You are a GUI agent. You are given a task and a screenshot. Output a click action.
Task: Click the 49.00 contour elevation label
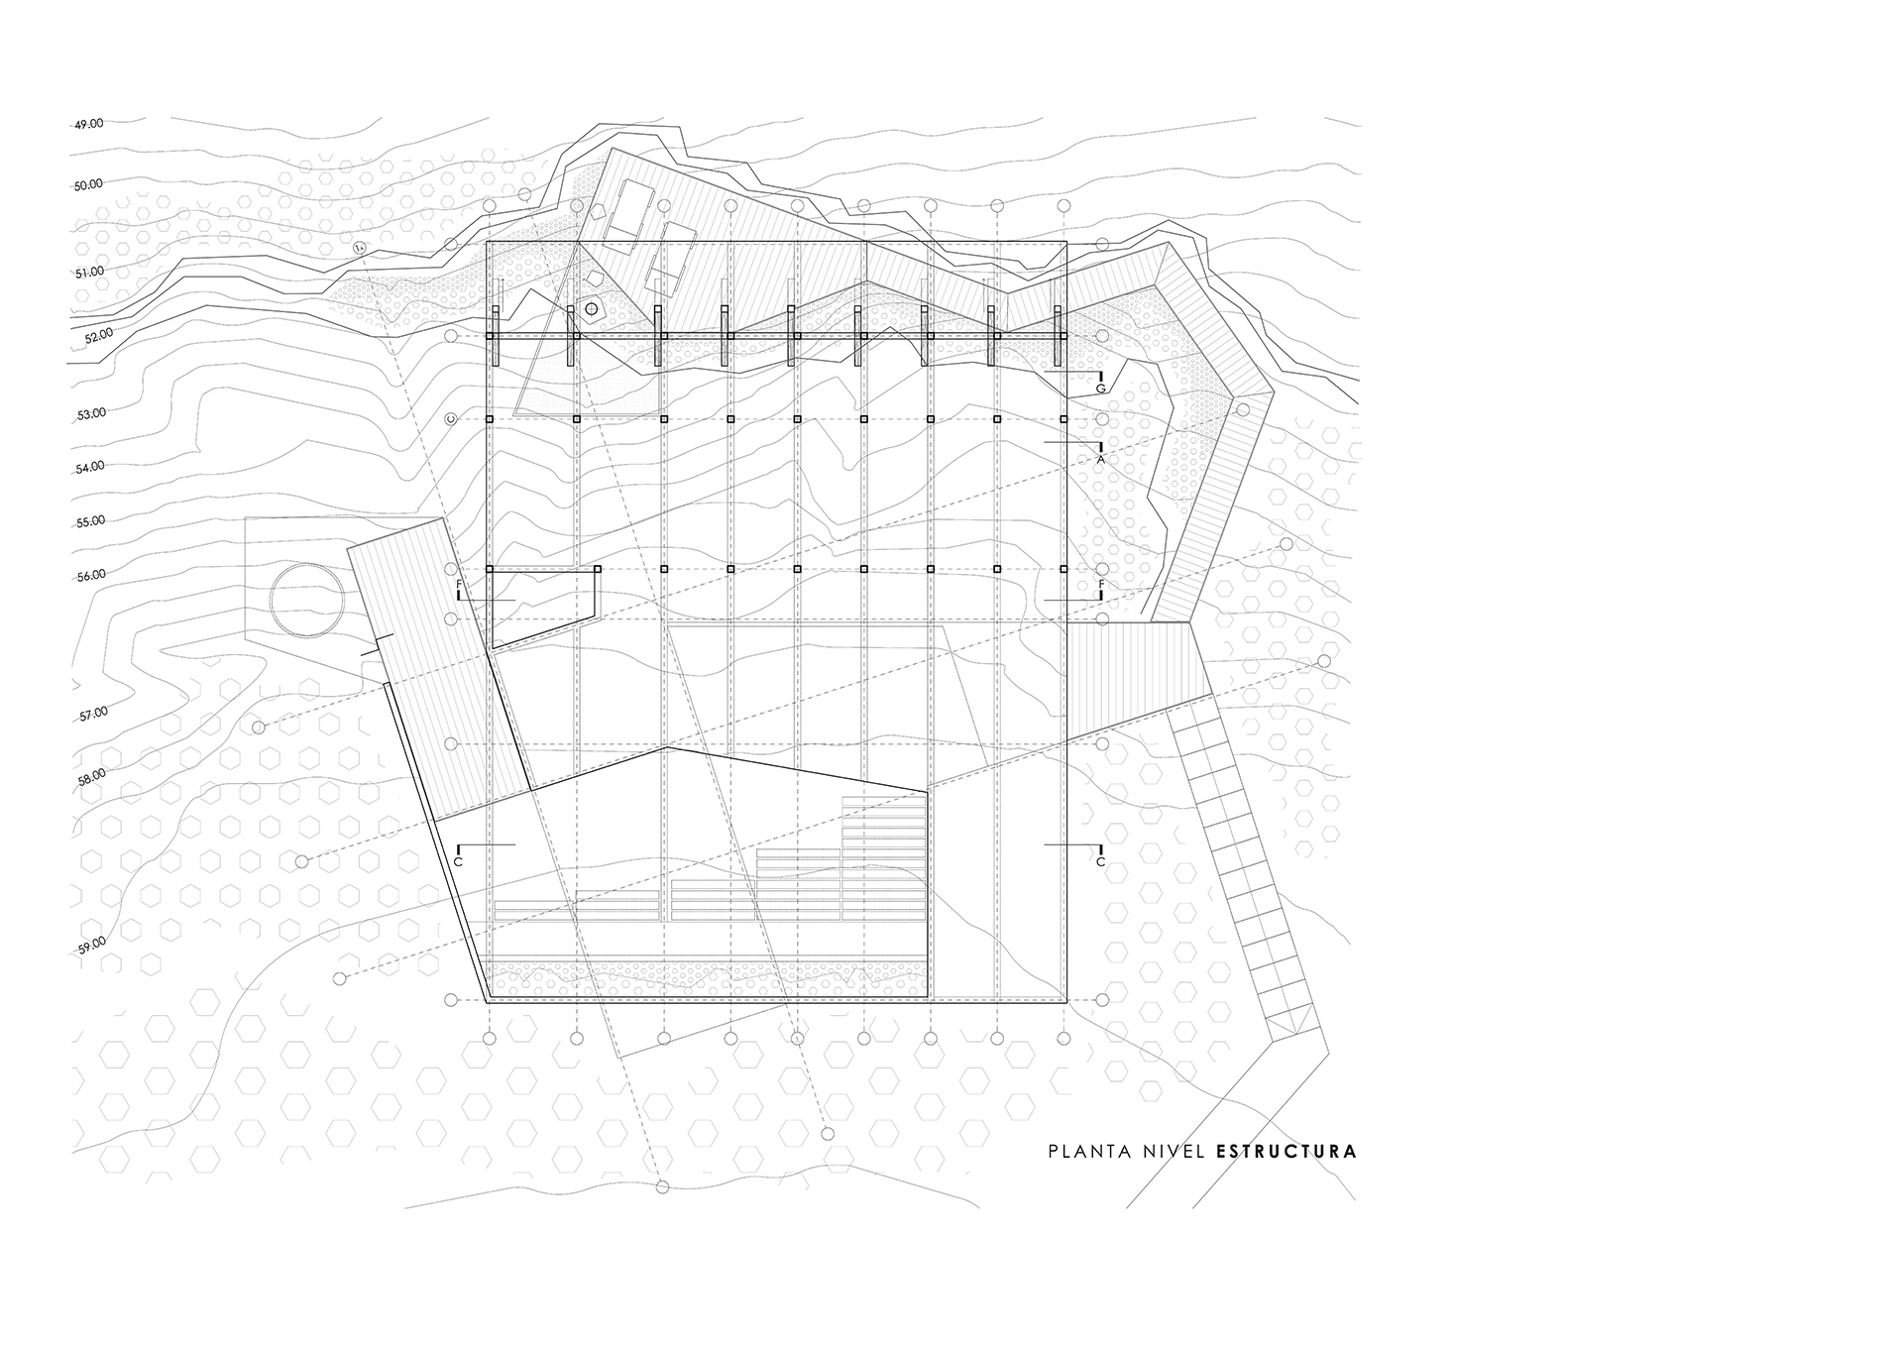[x=89, y=125]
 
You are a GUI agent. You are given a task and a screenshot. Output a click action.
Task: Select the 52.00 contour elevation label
[x=98, y=335]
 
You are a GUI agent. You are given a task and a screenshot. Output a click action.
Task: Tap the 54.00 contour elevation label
[x=90, y=466]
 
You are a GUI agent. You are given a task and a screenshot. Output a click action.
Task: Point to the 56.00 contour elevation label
[x=90, y=575]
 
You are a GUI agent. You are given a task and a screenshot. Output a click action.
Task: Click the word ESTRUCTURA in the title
[x=1286, y=1152]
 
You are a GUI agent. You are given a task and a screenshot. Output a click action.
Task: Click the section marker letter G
[x=1100, y=389]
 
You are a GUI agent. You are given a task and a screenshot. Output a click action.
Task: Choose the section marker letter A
[x=1100, y=460]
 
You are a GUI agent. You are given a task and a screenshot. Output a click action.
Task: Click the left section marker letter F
[x=459, y=586]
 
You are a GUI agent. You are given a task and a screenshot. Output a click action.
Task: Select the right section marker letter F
[x=1100, y=586]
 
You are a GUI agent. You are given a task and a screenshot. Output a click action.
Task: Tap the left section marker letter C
[x=458, y=862]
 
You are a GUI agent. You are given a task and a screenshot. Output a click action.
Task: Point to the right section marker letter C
[x=1100, y=862]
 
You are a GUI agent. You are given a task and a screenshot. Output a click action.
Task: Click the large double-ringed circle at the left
[x=306, y=601]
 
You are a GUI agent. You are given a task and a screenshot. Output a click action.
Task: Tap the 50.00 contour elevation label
[x=89, y=184]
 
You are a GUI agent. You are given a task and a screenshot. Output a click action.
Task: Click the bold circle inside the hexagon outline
[x=592, y=309]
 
